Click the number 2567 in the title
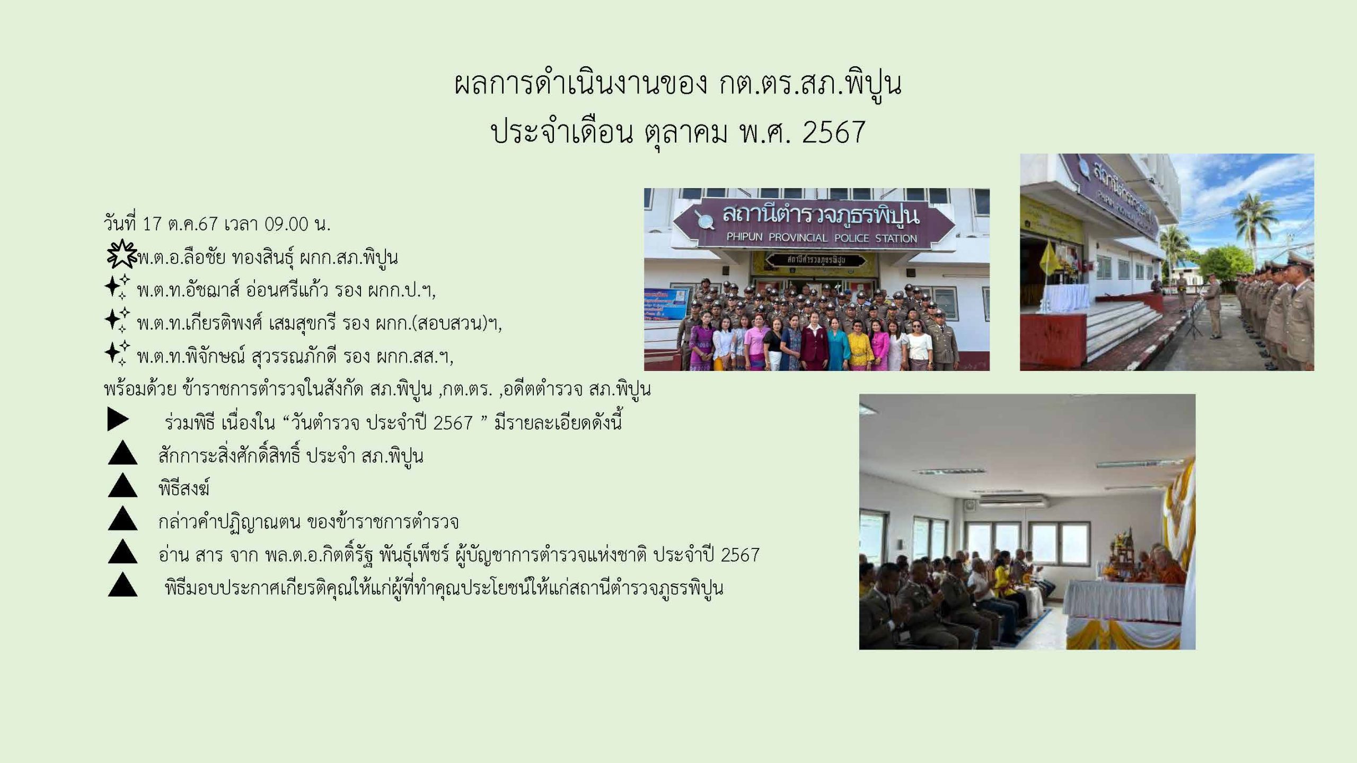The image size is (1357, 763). pos(833,132)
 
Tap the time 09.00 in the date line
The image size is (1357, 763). pos(286,224)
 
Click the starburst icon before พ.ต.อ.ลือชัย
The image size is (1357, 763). pos(122,254)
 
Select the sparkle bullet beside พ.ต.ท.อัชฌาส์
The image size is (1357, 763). pos(117,287)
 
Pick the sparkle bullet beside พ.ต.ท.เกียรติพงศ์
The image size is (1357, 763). pos(117,320)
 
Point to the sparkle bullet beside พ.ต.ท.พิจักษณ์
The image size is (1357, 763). pos(117,353)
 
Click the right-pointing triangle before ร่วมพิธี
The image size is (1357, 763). pos(118,420)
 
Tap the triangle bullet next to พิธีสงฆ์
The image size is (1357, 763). pos(122,485)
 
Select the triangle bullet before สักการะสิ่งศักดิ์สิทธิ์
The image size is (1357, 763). pos(122,453)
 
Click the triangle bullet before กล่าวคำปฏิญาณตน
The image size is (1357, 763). pos(122,518)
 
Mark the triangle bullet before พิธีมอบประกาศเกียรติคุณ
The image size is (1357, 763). pos(122,584)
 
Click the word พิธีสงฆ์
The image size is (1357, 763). pos(184,487)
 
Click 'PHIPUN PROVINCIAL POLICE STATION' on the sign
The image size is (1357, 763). pos(822,238)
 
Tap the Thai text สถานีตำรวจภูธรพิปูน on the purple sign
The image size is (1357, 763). pos(821,216)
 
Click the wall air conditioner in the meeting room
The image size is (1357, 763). pos(1012,501)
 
